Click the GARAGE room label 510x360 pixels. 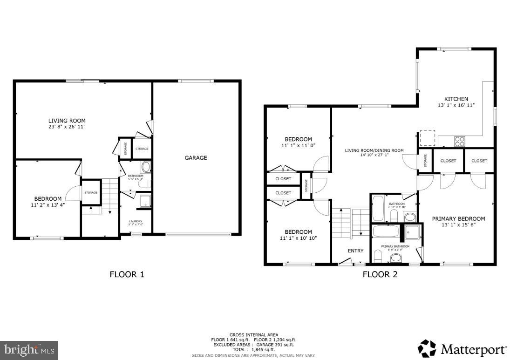pyautogui.click(x=196, y=158)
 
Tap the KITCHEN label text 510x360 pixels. pyautogui.click(x=456, y=99)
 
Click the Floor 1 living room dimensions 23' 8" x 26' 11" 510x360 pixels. pyautogui.click(x=68, y=127)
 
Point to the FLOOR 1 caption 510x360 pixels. pyautogui.click(x=127, y=274)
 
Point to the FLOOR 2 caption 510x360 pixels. pyautogui.click(x=380, y=274)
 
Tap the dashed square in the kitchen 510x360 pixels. pyautogui.click(x=428, y=137)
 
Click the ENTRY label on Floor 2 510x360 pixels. pyautogui.click(x=355, y=251)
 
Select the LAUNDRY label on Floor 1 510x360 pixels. pyautogui.click(x=136, y=221)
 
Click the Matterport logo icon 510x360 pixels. pyautogui.click(x=427, y=348)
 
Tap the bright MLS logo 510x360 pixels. pyautogui.click(x=29, y=350)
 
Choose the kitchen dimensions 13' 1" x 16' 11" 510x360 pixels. pyautogui.click(x=456, y=105)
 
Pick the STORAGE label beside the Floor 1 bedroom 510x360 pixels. pyautogui.click(x=91, y=193)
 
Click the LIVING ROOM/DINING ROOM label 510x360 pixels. pyautogui.click(x=374, y=150)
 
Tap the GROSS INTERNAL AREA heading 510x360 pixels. pyautogui.click(x=254, y=335)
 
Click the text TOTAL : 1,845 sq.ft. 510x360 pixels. pyautogui.click(x=254, y=349)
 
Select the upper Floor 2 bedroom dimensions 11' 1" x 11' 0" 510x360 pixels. pyautogui.click(x=298, y=146)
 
